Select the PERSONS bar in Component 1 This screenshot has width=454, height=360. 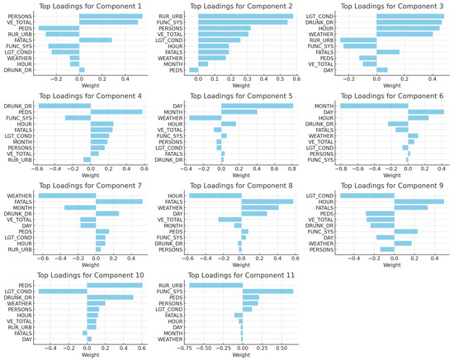click(x=111, y=15)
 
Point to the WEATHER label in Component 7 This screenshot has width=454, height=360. click(x=21, y=196)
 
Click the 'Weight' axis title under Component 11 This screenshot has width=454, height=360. click(x=241, y=356)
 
